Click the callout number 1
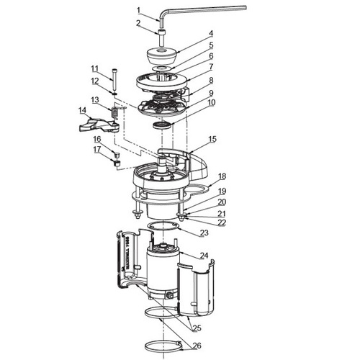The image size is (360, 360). [x=139, y=10]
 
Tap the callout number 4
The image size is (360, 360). [x=211, y=33]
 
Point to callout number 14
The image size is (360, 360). [x=82, y=110]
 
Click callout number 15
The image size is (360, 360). [x=212, y=138]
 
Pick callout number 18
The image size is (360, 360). [x=222, y=176]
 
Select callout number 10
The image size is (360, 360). [x=211, y=103]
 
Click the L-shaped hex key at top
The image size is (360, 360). [x=209, y=9]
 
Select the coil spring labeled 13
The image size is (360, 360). [x=114, y=114]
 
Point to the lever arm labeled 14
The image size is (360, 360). [x=101, y=127]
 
